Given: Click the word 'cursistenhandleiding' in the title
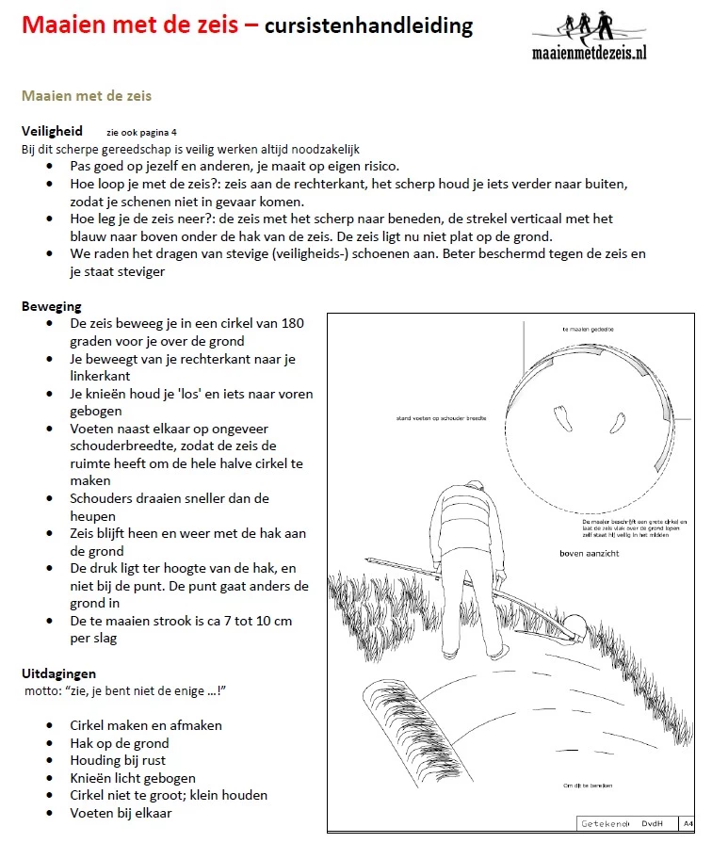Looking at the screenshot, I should pyautogui.click(x=368, y=25).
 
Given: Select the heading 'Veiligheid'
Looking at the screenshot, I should pyautogui.click(x=52, y=131).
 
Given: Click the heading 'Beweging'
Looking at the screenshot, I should pyautogui.click(x=51, y=306).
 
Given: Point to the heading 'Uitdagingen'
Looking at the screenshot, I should pyautogui.click(x=58, y=673).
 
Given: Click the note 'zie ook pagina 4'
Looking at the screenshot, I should pyautogui.click(x=141, y=133).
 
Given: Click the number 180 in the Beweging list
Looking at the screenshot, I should pyautogui.click(x=292, y=323).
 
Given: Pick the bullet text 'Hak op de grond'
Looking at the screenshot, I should pyautogui.click(x=120, y=743).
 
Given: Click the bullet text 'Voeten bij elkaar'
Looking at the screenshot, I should pyautogui.click(x=121, y=813).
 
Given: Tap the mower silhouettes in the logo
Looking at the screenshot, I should pyautogui.click(x=586, y=23).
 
